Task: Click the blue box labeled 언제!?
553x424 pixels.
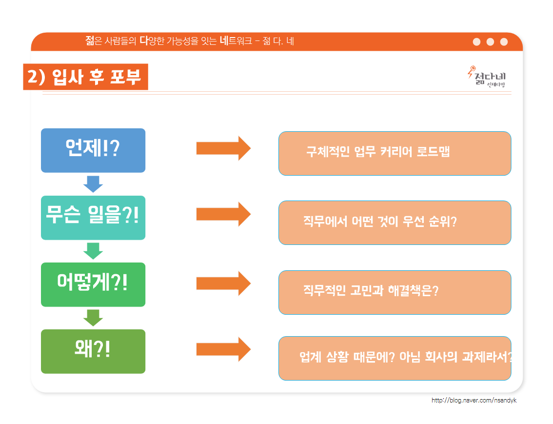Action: (x=93, y=150)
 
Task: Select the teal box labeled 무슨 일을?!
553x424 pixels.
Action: (x=93, y=218)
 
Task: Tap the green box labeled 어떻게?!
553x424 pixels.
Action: (x=93, y=284)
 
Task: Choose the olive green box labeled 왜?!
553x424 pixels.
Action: (x=93, y=351)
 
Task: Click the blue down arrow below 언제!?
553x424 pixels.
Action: (x=93, y=184)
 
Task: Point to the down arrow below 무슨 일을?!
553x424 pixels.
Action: (x=93, y=251)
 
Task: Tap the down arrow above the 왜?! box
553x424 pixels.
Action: (x=93, y=318)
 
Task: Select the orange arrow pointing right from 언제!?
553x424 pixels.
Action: (x=224, y=148)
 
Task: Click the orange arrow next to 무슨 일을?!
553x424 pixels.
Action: (x=224, y=214)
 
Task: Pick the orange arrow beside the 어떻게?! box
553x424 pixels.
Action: (x=224, y=283)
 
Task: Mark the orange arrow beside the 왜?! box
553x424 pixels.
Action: (x=224, y=349)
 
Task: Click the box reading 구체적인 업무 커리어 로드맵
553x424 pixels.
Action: (x=395, y=153)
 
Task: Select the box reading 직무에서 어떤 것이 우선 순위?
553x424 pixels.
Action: (x=395, y=222)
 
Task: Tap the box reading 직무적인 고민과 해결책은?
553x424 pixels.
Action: (x=395, y=292)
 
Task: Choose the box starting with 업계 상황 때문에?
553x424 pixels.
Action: (x=395, y=359)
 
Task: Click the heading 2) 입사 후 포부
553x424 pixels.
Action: (x=86, y=77)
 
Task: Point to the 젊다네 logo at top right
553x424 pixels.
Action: (x=487, y=77)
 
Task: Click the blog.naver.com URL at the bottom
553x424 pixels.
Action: (x=474, y=401)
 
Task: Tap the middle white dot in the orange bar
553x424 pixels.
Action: (x=490, y=42)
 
